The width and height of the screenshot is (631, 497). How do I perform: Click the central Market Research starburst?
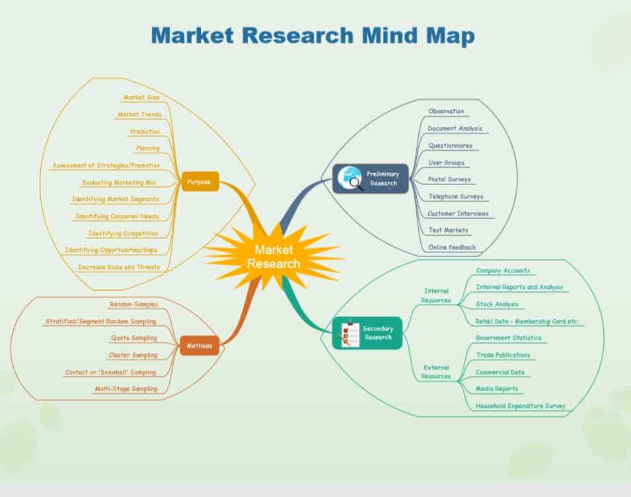274,256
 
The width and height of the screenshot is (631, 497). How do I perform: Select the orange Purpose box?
200,182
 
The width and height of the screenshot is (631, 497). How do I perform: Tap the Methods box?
199,346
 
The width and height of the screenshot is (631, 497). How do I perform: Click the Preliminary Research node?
366,178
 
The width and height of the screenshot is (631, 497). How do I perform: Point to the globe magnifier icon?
350,178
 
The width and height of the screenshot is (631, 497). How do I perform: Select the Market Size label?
141,98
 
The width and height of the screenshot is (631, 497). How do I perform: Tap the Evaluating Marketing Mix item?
120,182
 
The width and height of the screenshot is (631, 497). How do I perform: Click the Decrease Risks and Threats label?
119,267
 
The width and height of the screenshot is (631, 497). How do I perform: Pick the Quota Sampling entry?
134,338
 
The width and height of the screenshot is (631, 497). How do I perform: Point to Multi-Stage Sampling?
126,389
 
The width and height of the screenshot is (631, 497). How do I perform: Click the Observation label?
446,112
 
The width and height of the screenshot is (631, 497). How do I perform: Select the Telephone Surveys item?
455,196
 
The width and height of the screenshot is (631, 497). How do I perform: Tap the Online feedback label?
451,247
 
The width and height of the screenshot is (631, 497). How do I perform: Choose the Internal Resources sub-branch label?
436,295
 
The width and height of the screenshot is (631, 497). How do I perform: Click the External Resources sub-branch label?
436,372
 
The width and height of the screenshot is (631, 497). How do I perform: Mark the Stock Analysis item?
497,305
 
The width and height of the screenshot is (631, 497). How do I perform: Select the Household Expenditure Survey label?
520,406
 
